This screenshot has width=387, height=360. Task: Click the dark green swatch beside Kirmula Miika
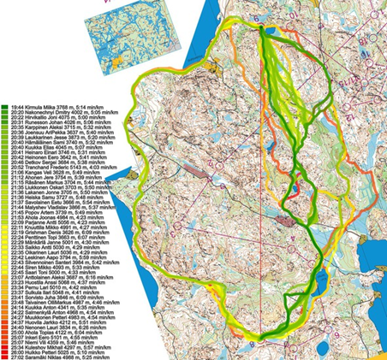coord(5,106)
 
